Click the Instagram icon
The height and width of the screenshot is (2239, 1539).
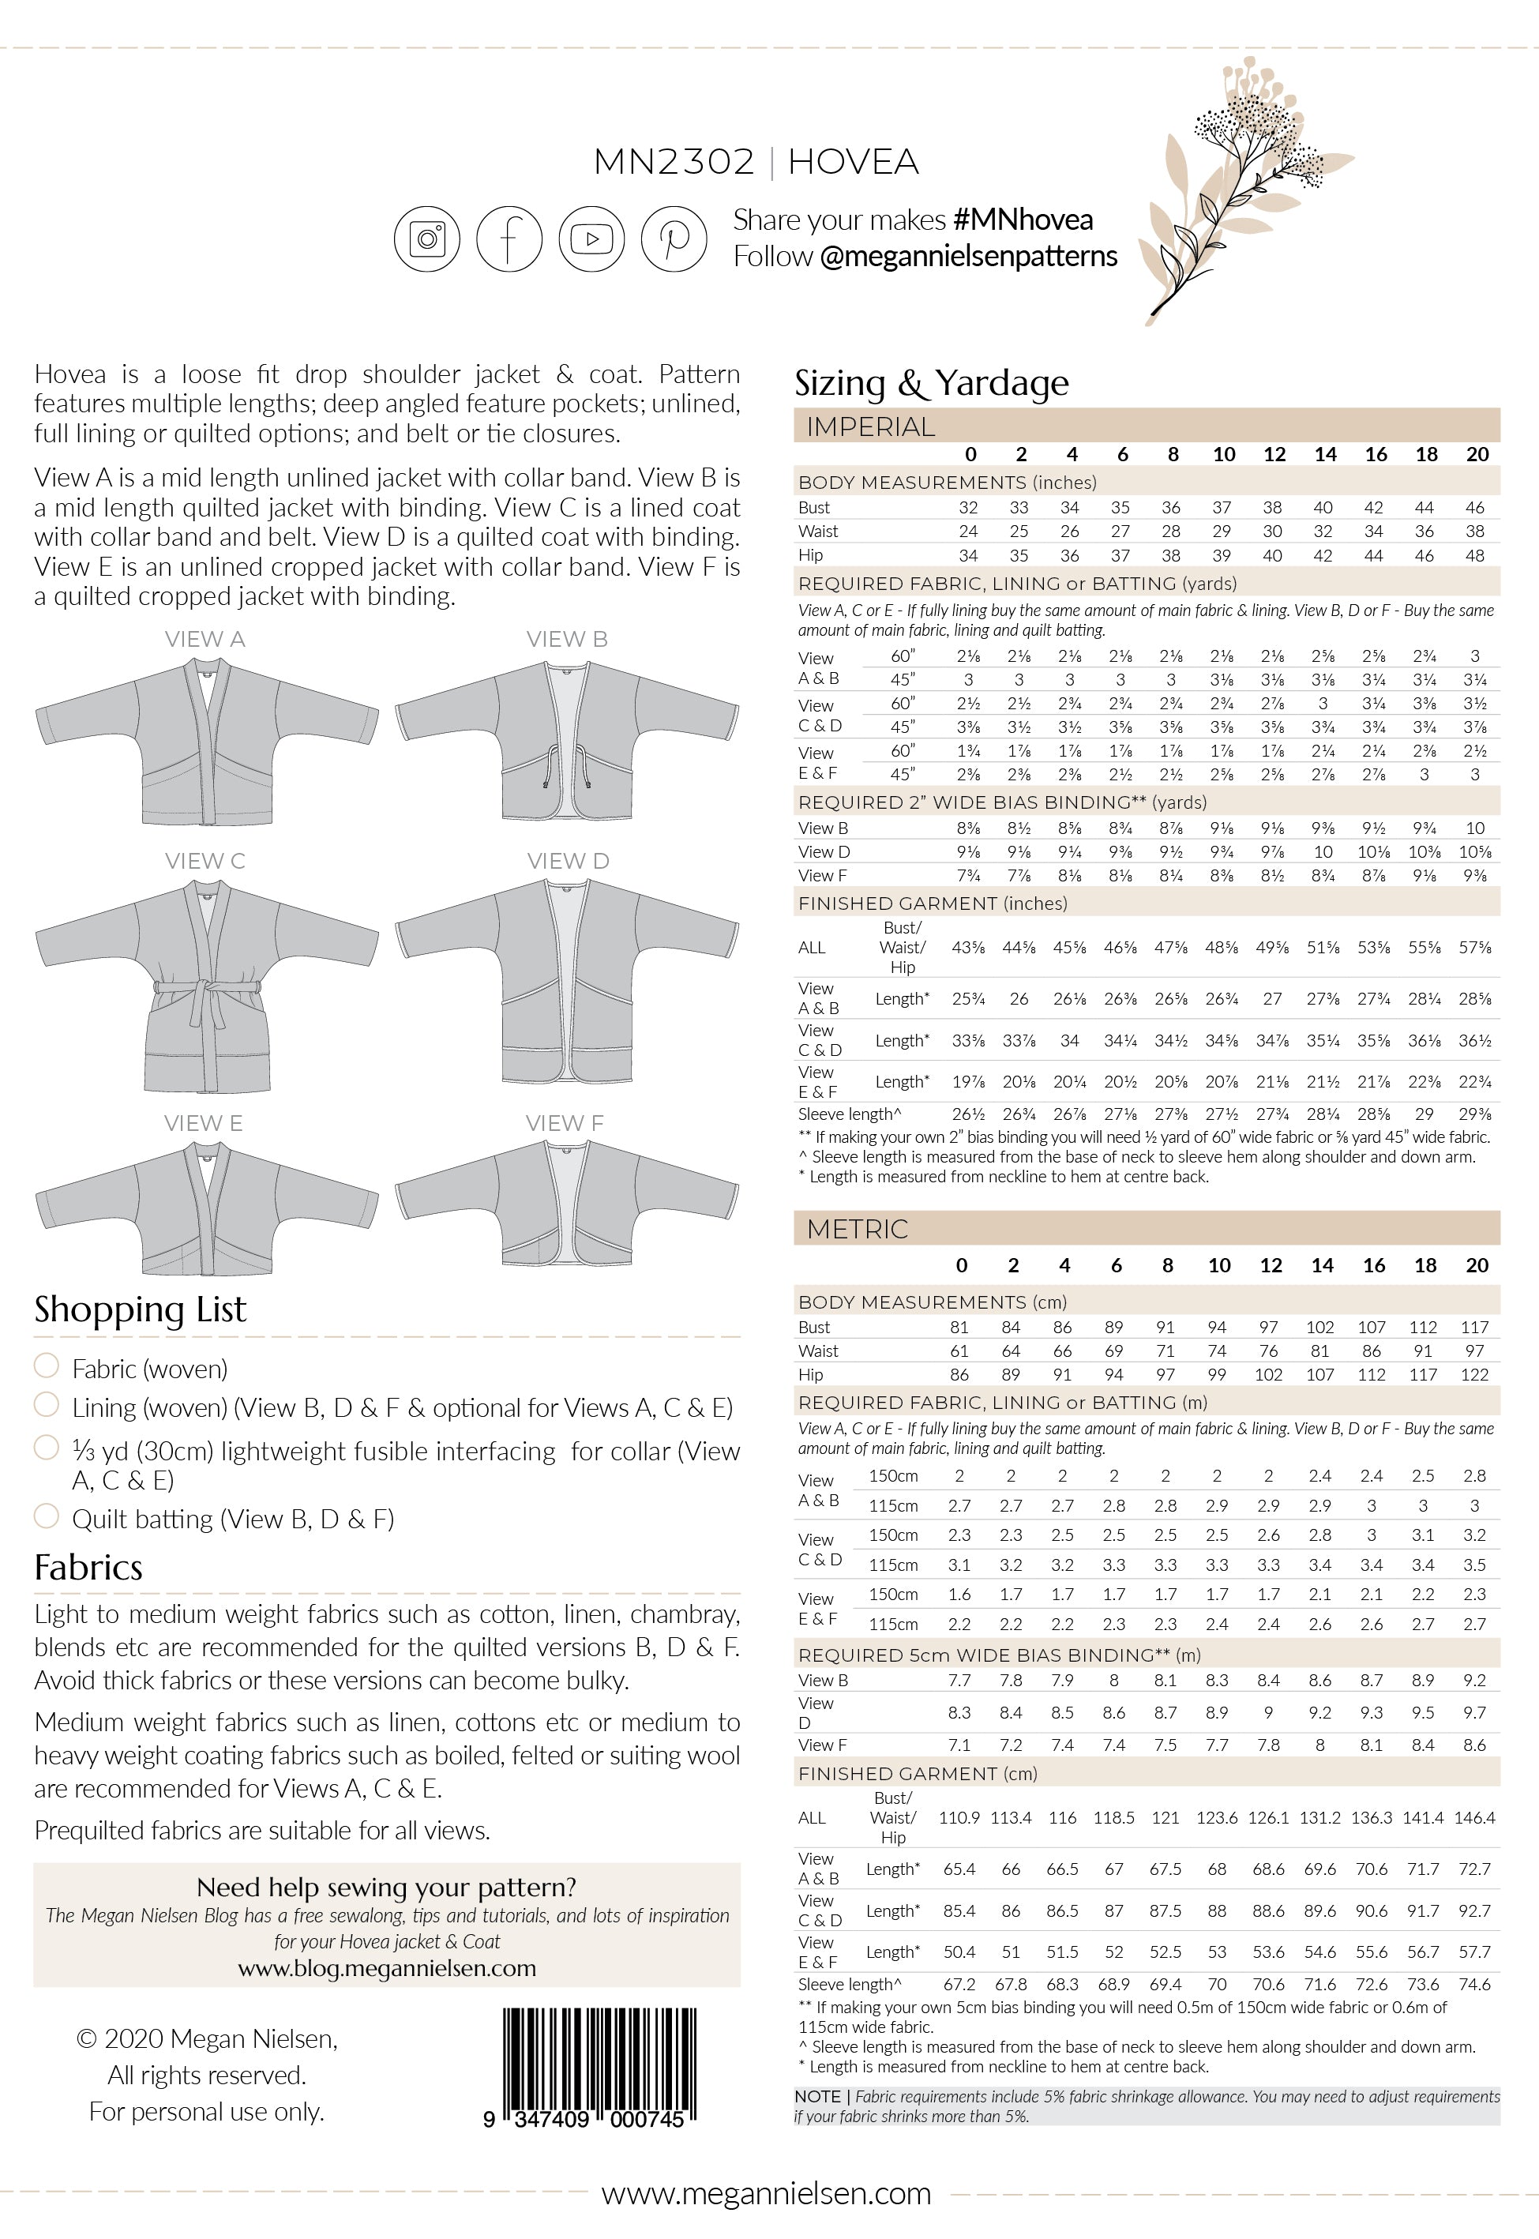point(426,239)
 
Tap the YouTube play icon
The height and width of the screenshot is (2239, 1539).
point(591,239)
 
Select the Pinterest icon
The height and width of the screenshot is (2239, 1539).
point(674,239)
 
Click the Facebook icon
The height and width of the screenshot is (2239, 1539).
point(509,239)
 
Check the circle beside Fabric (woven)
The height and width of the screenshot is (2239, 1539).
point(47,1366)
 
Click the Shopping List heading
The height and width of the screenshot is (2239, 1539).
point(141,1309)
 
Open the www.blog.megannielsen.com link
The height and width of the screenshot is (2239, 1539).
point(387,1968)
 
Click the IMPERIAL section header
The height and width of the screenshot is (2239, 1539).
point(871,426)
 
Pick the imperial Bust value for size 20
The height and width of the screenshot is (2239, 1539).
point(1474,507)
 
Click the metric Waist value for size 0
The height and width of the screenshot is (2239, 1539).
point(959,1351)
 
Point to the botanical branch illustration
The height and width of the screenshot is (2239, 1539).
point(1244,188)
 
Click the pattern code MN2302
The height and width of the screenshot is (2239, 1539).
point(673,162)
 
